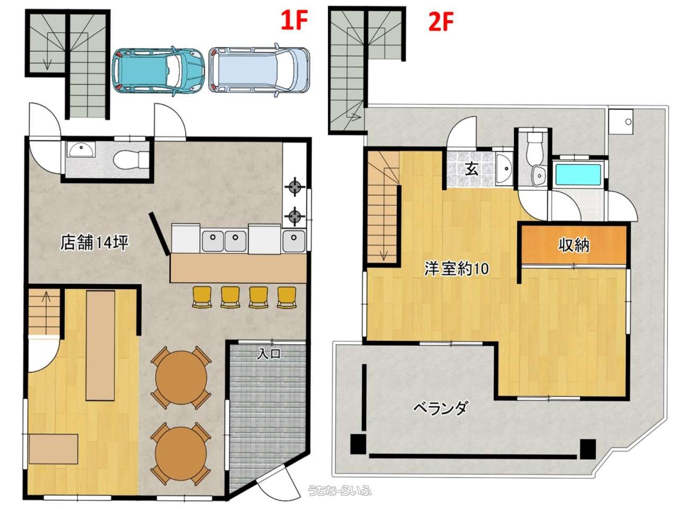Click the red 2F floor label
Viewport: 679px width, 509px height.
tap(440, 22)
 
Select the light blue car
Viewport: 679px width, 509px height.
tap(259, 70)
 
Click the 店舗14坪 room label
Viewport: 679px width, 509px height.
tap(94, 243)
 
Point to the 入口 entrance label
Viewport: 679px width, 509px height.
tap(268, 354)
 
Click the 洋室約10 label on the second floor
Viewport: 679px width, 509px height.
tap(456, 268)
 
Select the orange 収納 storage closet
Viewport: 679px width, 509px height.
tap(574, 245)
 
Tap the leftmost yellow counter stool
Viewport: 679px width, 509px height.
tap(202, 297)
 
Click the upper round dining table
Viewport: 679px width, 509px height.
tap(181, 378)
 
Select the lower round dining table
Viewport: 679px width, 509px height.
tap(181, 453)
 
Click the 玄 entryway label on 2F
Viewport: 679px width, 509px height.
tap(472, 169)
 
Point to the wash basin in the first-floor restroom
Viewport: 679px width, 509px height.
tap(80, 150)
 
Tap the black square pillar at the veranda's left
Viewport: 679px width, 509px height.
tap(358, 444)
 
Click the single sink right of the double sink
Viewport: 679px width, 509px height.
tap(293, 241)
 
